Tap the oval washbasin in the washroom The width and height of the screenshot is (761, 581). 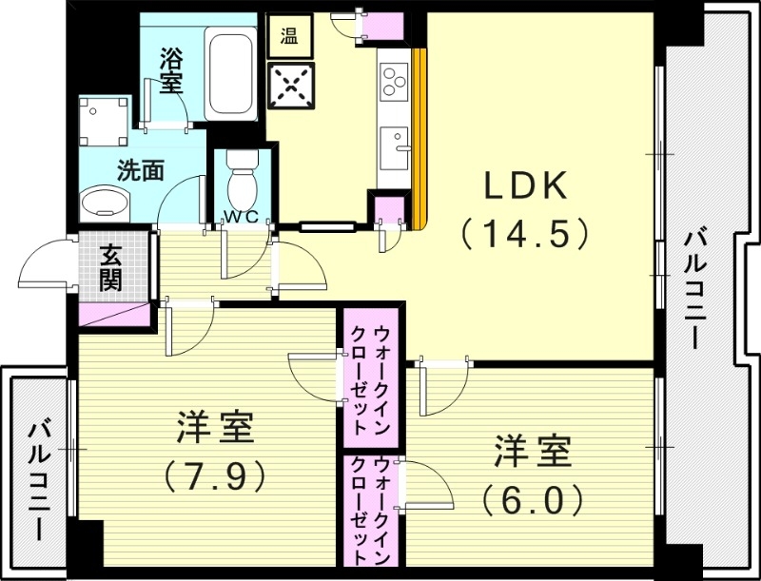tap(106, 203)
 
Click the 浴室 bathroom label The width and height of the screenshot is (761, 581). tap(171, 69)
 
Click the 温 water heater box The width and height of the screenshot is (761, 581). tap(288, 39)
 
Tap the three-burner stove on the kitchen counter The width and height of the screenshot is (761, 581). tap(393, 80)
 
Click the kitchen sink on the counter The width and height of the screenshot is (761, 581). tap(393, 148)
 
